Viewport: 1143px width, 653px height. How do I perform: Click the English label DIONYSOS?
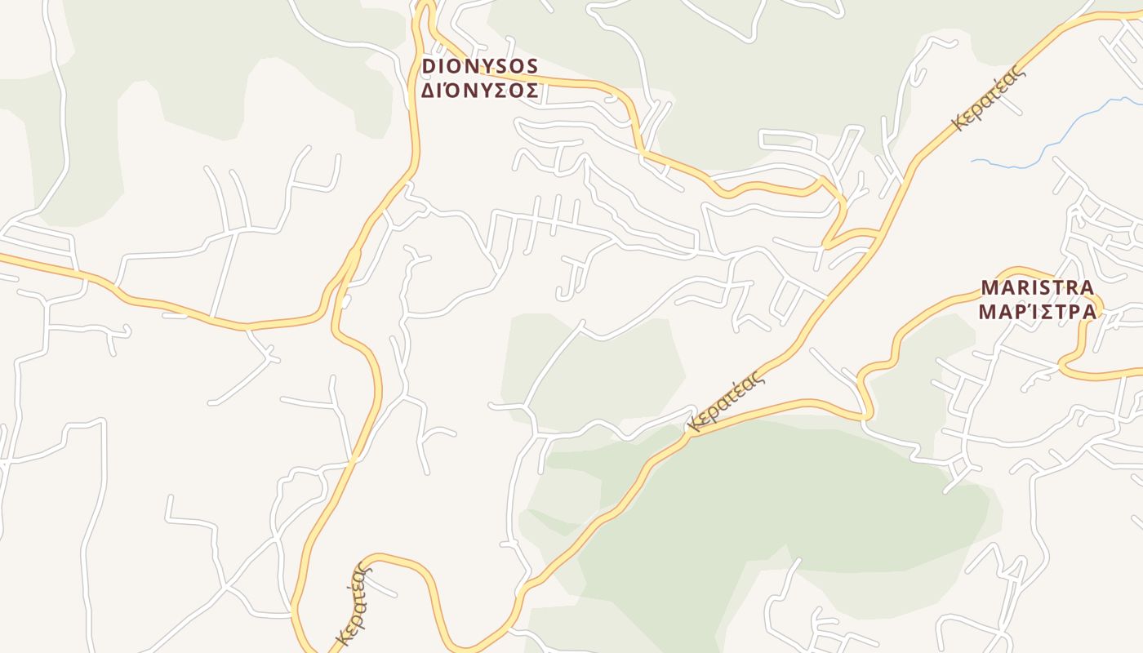coord(480,66)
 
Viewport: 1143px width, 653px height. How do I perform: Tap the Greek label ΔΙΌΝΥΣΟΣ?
coord(480,91)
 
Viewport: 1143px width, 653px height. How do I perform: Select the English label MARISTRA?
coord(1038,288)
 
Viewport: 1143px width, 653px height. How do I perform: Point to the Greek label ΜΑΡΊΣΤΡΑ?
coord(1038,312)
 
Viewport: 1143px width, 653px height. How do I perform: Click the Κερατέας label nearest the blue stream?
coord(988,100)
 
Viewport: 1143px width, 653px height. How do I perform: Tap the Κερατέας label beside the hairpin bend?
coord(353,604)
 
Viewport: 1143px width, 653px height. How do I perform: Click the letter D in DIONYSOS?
coord(429,66)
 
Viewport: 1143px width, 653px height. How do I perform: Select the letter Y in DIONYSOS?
coord(487,66)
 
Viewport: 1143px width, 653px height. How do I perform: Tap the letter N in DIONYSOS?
coord(471,66)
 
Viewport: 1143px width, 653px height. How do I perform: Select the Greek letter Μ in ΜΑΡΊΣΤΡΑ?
coord(989,312)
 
